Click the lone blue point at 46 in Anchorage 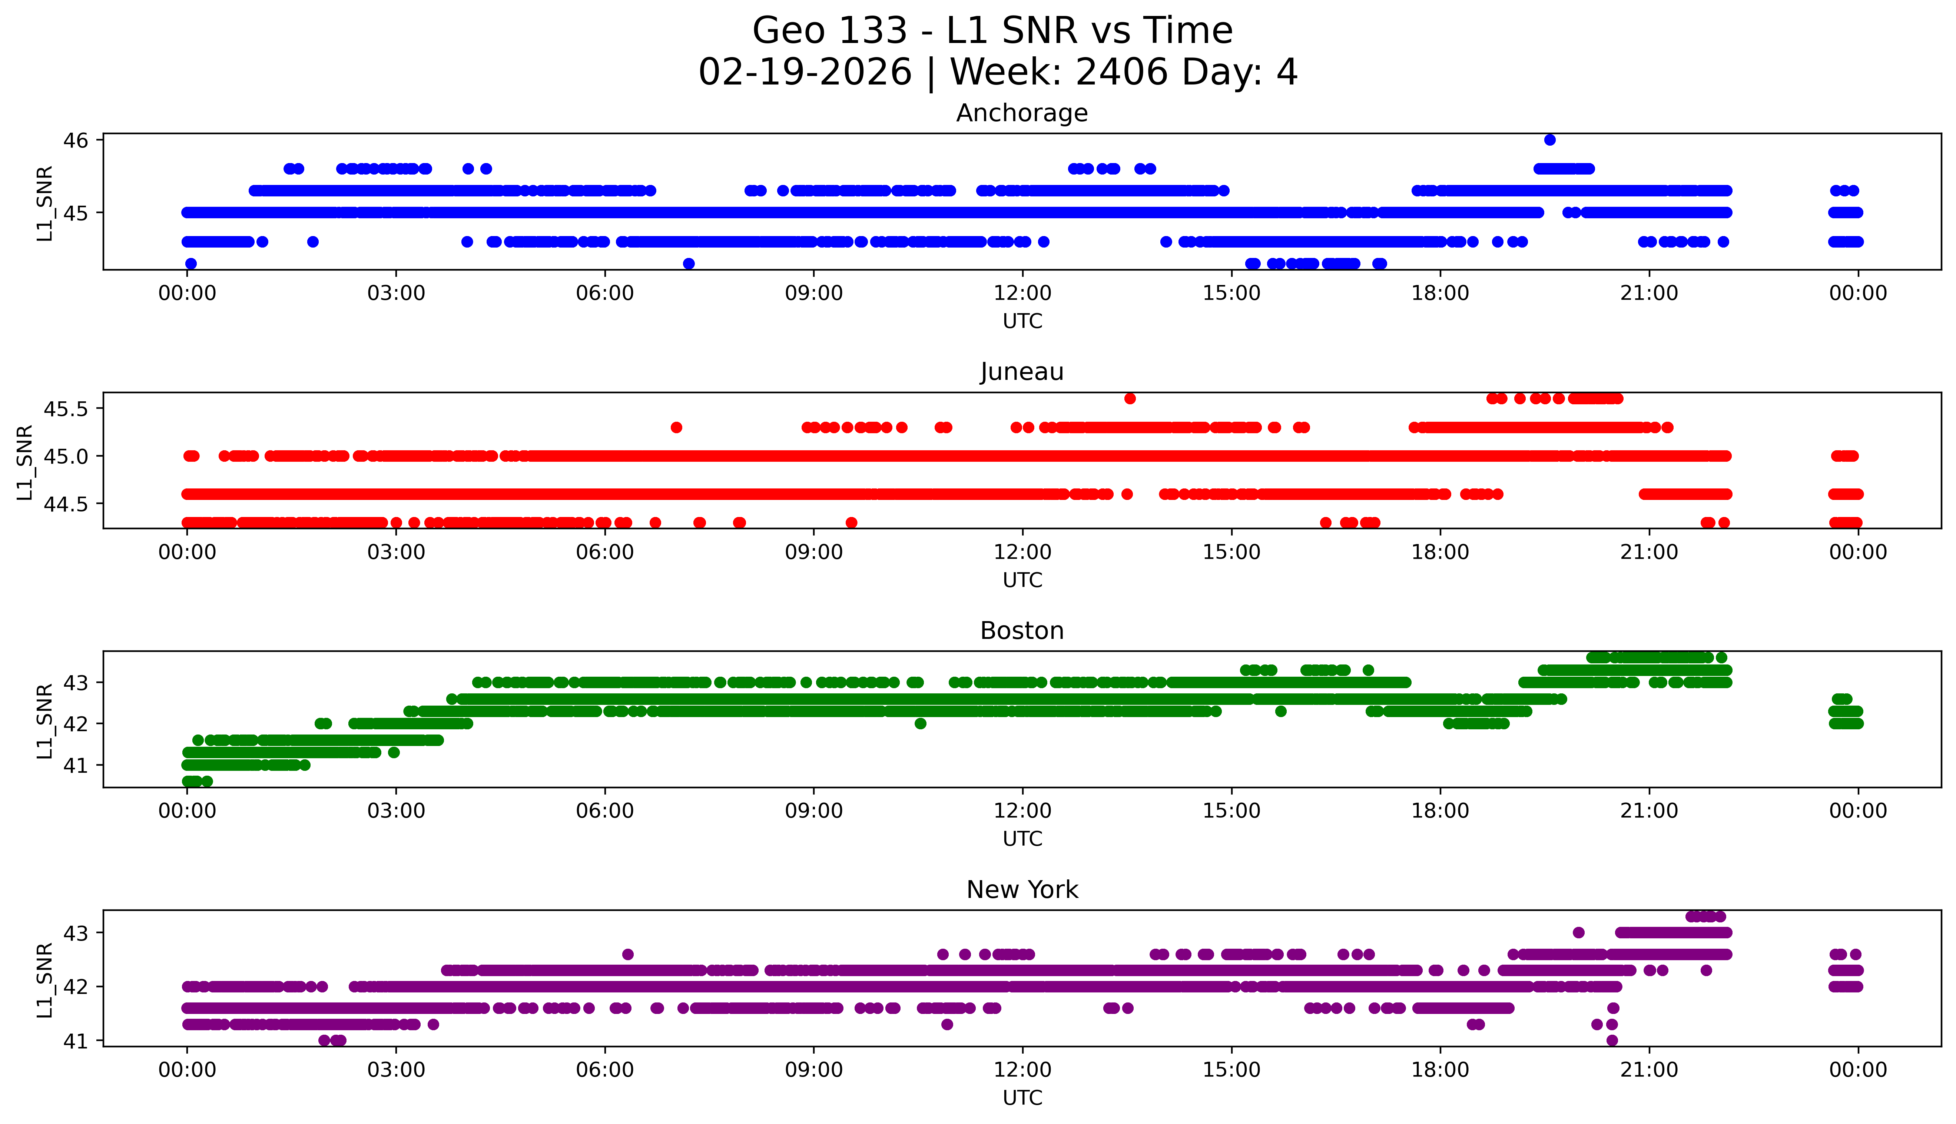tap(1549, 140)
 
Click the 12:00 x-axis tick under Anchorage tap(1022, 294)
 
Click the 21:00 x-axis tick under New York tap(1649, 1070)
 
